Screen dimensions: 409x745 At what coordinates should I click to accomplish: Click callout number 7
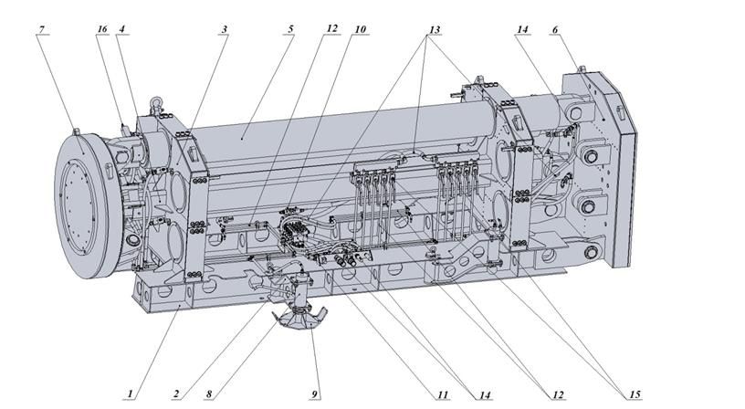(41, 29)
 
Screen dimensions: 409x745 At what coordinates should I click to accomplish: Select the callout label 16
(101, 29)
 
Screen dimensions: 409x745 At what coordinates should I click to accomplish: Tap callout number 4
(121, 29)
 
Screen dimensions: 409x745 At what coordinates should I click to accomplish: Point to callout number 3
(224, 29)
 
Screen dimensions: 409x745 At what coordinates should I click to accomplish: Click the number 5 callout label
(290, 29)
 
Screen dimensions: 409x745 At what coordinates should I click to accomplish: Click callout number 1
(131, 393)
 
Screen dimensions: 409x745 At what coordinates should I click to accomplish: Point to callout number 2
(176, 393)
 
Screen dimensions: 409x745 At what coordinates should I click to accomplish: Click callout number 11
(442, 393)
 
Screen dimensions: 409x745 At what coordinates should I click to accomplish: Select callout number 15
(634, 393)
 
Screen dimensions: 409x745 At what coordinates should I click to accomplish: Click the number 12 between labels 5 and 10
(331, 29)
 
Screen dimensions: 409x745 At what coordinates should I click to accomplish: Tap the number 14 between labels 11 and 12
(483, 393)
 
